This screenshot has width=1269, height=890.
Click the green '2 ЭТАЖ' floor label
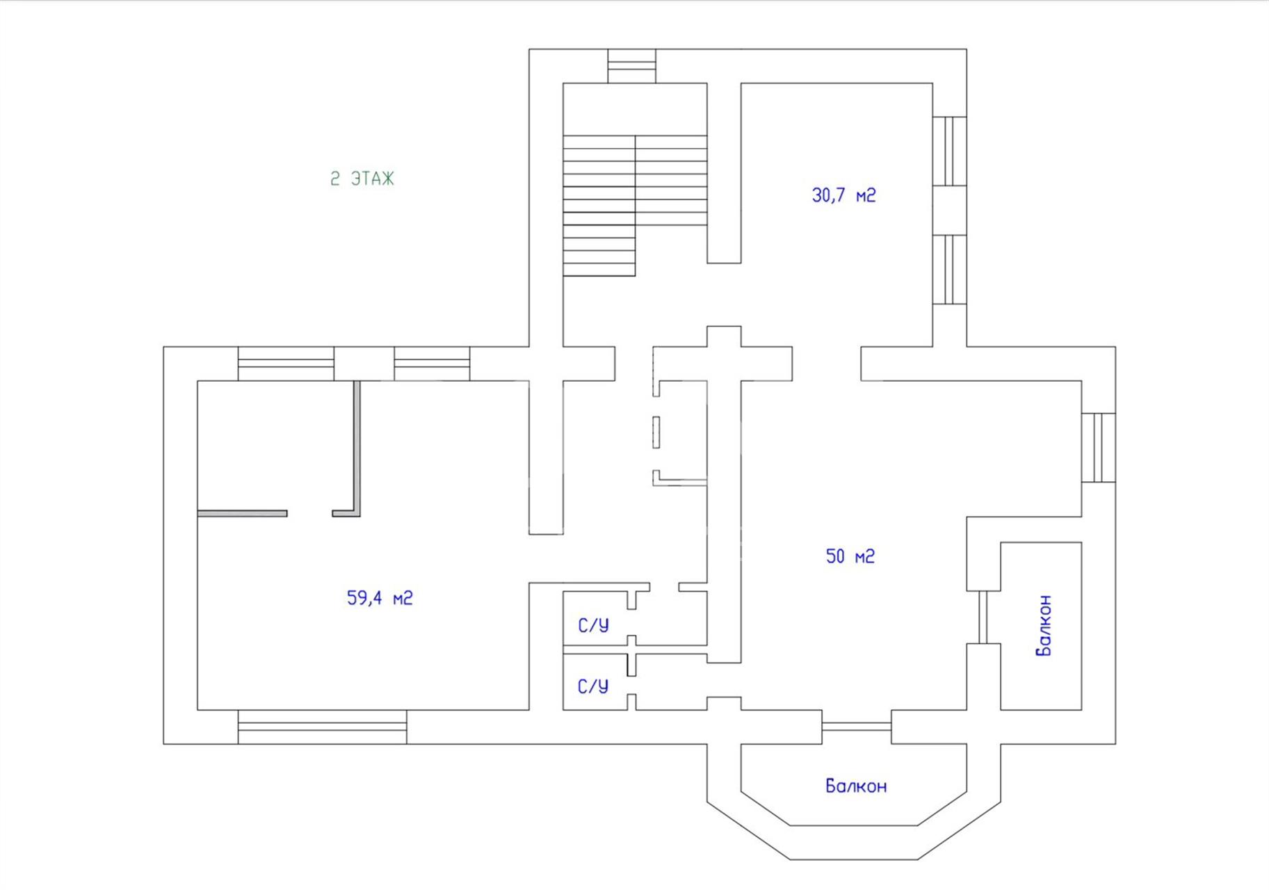point(362,179)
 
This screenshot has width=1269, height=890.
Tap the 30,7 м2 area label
point(843,195)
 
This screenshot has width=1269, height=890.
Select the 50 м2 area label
point(850,556)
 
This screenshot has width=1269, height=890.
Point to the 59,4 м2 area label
point(380,598)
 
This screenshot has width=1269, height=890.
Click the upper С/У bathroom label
point(593,625)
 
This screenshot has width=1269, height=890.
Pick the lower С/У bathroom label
point(593,686)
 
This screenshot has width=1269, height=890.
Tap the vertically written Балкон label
point(1043,625)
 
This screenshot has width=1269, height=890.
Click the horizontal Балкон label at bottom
point(856,786)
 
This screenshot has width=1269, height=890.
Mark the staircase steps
point(635,206)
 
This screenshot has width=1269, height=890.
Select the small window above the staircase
point(631,66)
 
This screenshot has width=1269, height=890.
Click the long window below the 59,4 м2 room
point(322,727)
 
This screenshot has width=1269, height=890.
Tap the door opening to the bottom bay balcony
point(857,727)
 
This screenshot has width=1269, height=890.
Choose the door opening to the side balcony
point(983,617)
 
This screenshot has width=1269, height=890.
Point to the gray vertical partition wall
point(357,448)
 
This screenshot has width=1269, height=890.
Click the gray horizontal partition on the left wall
point(242,514)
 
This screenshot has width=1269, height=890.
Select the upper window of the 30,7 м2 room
point(949,151)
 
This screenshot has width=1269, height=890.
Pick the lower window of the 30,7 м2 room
point(949,270)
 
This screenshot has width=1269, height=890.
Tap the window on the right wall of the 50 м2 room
point(1099,448)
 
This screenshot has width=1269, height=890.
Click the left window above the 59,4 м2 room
point(286,364)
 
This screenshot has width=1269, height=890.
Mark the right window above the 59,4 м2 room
point(432,364)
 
